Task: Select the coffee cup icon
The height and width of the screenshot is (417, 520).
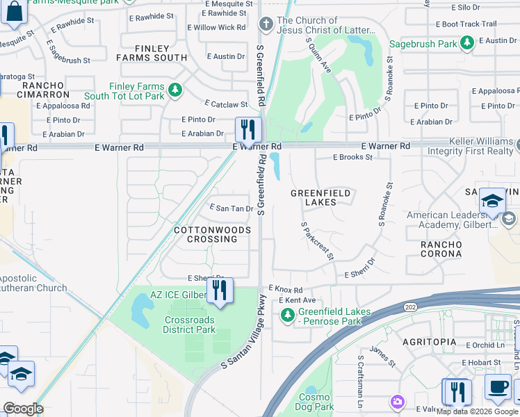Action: tap(497, 388)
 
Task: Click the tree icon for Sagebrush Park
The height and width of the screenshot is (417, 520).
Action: tap(468, 43)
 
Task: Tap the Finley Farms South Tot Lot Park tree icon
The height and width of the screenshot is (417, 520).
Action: tap(176, 90)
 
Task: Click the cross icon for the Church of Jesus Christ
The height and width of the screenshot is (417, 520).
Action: tap(266, 25)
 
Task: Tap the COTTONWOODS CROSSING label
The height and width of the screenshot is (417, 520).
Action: tap(206, 234)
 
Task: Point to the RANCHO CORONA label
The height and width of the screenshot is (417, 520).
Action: tap(441, 249)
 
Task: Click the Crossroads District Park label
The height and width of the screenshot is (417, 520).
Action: tap(190, 325)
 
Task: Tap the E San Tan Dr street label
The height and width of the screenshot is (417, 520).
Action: tap(231, 208)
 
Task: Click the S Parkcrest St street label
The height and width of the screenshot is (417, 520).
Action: tap(317, 241)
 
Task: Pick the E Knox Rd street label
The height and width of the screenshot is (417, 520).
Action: tap(286, 290)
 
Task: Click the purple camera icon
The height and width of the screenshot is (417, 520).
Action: tap(397, 402)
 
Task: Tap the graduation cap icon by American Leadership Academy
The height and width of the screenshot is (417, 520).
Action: tap(492, 200)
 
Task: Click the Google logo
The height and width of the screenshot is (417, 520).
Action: tap(24, 409)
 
